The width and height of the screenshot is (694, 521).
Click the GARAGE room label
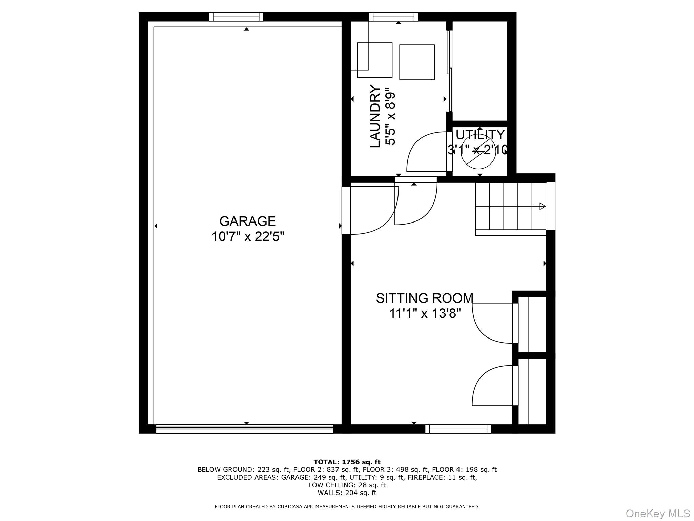pos(247,221)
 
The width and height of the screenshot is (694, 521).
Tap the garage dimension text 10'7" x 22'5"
pos(247,236)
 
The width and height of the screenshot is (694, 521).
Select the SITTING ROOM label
pos(424,298)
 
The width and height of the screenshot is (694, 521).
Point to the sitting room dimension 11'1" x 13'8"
pos(425,313)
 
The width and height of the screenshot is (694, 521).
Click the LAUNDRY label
pos(375,116)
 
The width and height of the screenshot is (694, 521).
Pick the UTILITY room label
pos(480,135)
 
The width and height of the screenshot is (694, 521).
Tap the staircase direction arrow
pos(542,206)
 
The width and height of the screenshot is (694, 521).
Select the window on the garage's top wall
pos(236,17)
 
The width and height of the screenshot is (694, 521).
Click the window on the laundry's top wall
pos(393,17)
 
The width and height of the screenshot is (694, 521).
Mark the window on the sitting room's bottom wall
pos(458,429)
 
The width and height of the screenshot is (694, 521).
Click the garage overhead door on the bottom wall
pos(245,429)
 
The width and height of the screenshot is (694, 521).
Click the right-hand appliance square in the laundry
pos(417,62)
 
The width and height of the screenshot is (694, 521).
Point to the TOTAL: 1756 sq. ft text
pos(347,462)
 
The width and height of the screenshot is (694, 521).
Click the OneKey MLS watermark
pos(658,513)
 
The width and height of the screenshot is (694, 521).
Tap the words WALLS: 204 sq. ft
pos(347,493)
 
